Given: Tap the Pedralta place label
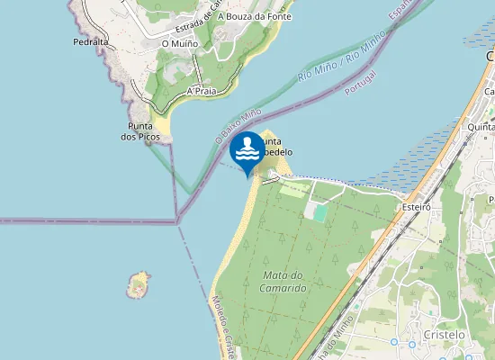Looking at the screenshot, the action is pos(91,42).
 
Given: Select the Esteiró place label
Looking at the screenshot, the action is pos(418,206).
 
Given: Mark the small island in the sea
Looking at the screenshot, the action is pos(138,284).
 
